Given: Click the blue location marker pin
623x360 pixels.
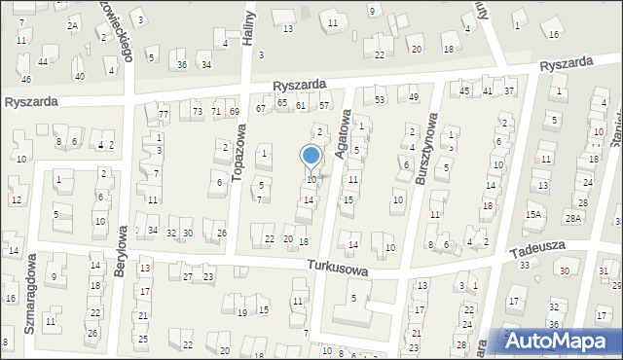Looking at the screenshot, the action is point(311,157).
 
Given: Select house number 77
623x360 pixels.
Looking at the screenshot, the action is point(164,115).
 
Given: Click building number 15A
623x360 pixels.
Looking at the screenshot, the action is point(532,215).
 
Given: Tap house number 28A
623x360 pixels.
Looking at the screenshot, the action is point(573,217).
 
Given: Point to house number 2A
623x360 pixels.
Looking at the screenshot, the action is point(72,25).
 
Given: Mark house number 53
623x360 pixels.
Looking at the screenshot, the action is point(380,99).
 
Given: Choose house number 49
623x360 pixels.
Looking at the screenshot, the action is point(413,97).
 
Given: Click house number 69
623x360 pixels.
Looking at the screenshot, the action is point(234,112).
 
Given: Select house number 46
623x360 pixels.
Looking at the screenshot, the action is point(26,79).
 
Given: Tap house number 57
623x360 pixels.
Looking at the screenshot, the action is point(324,105).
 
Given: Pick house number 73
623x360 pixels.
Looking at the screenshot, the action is point(197,112).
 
